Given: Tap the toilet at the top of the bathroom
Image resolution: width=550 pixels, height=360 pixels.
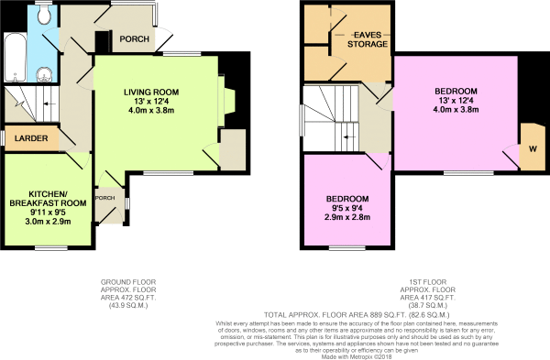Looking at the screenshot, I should click(45, 13).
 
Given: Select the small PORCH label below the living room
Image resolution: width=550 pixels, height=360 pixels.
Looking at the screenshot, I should click(105, 198).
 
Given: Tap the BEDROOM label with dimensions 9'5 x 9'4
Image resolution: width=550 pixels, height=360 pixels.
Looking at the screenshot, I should click(348, 200).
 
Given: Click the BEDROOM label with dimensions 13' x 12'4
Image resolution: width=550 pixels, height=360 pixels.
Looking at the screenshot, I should click(456, 91).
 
